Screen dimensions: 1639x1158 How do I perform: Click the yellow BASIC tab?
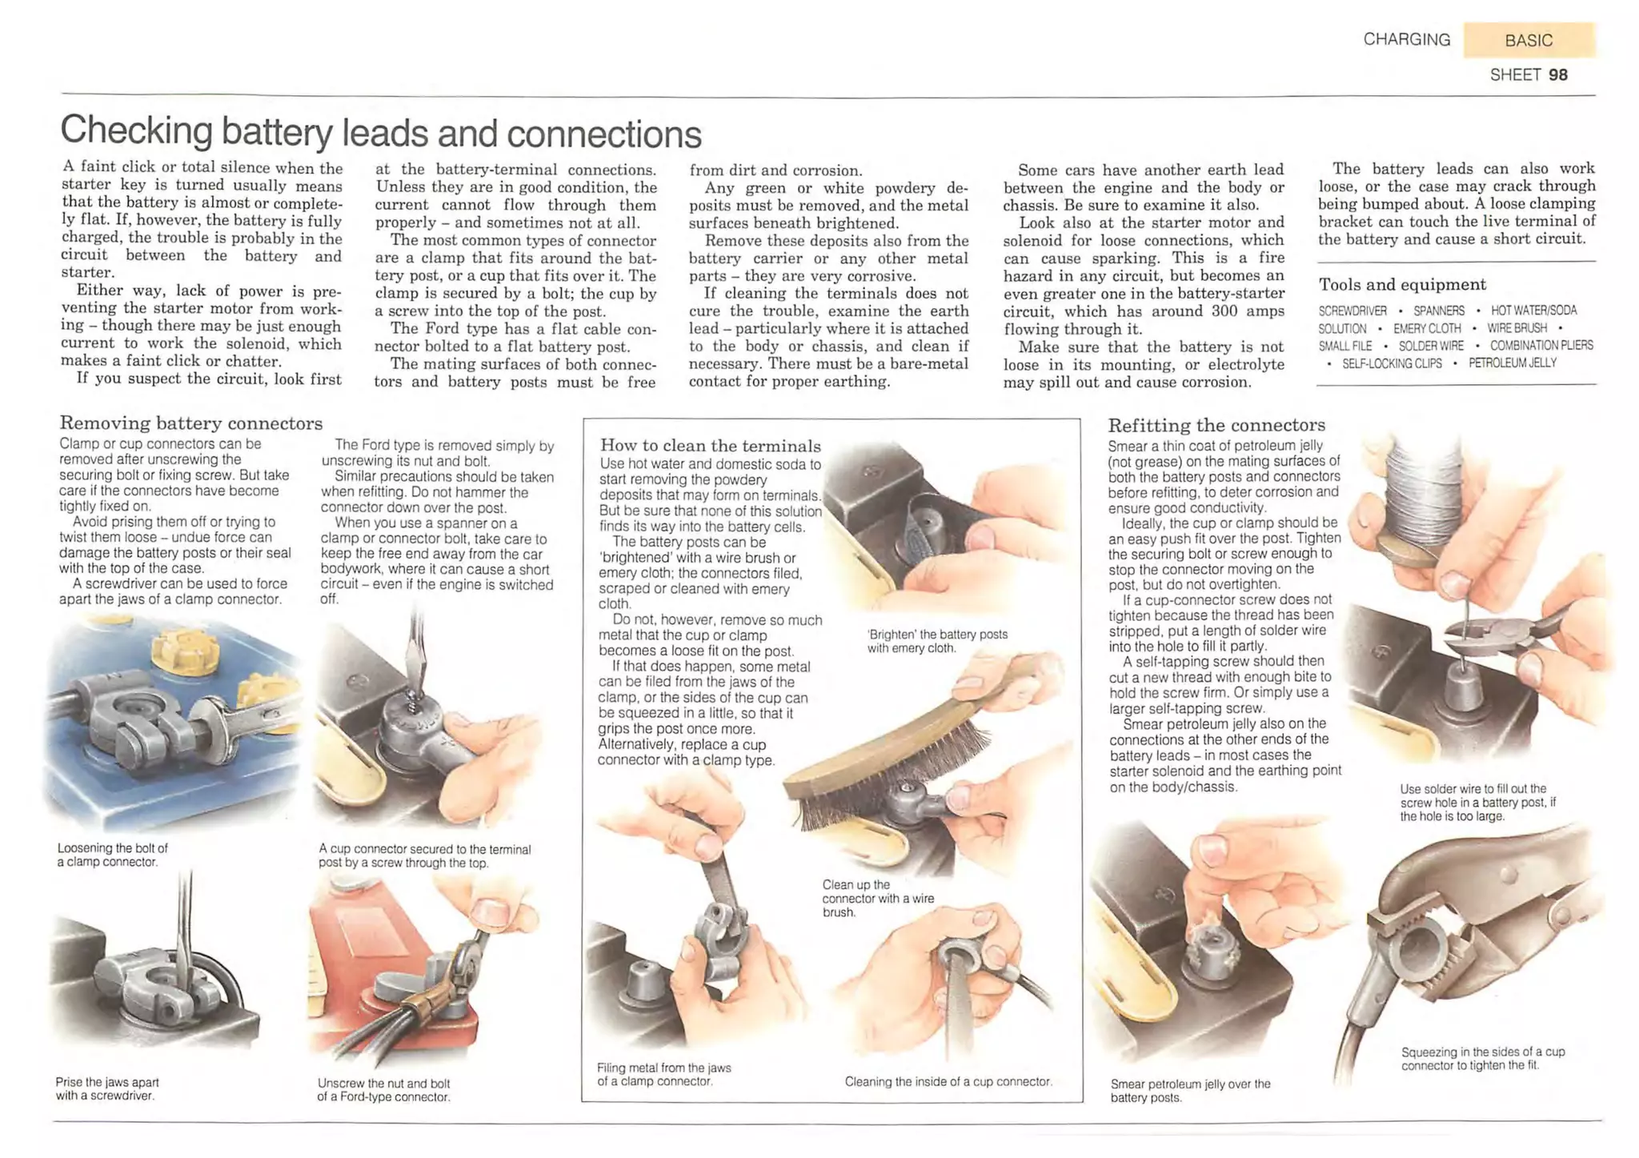[x=1529, y=40]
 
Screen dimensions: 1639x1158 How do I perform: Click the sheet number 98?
[x=1558, y=75]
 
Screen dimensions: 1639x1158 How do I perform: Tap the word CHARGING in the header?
[x=1406, y=39]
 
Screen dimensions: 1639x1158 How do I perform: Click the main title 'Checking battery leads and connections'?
[x=381, y=132]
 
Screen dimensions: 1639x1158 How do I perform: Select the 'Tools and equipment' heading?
[x=1402, y=285]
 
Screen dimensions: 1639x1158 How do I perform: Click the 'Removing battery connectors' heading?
[x=191, y=423]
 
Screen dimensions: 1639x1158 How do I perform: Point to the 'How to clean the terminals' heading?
[x=711, y=446]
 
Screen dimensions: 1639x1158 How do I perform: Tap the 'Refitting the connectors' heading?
[x=1216, y=425]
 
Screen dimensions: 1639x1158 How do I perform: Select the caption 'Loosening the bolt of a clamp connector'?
[x=113, y=855]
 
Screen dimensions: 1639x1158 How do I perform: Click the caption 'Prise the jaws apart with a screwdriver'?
[x=106, y=1088]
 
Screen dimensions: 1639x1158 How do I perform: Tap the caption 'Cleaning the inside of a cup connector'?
[x=948, y=1082]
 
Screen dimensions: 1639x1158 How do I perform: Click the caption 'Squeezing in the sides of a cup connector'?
[x=1483, y=1059]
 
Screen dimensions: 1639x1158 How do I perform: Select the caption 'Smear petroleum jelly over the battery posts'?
[x=1190, y=1091]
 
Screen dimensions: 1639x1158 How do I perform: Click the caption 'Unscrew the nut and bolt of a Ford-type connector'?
[x=384, y=1090]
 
